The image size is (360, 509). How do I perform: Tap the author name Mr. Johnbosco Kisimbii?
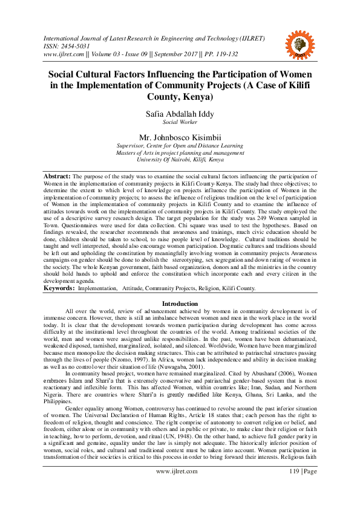point(180,137)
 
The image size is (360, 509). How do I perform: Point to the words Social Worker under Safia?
point(180,122)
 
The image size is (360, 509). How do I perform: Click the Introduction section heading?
point(180,303)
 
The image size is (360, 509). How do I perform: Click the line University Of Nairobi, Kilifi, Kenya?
point(180,160)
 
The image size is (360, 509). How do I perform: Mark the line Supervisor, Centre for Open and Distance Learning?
point(180,146)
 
